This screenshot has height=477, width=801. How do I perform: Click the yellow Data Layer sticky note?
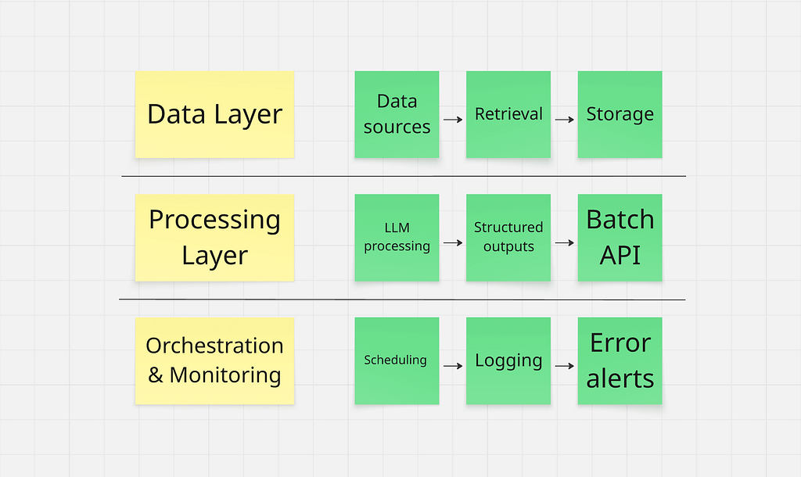click(214, 114)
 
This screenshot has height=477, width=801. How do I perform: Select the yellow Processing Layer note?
click(214, 238)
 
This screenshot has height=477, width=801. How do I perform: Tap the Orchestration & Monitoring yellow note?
click(214, 360)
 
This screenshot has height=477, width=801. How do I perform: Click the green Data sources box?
click(397, 114)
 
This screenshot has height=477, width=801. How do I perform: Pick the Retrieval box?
click(508, 114)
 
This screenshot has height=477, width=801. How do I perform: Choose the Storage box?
click(620, 114)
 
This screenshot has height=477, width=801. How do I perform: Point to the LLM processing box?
click(397, 238)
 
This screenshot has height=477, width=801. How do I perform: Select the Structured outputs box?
click(508, 238)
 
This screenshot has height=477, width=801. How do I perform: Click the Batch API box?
click(620, 238)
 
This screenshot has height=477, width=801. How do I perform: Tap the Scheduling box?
click(397, 360)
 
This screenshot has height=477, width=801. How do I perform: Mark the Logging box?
click(508, 360)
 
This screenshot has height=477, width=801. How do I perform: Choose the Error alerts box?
click(620, 360)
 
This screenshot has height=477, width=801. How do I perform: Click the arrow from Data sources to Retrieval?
click(453, 120)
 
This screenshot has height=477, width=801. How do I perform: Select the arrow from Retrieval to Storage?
click(565, 120)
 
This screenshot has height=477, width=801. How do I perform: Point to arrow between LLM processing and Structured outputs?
click(453, 242)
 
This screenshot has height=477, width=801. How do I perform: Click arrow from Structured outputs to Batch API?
click(565, 242)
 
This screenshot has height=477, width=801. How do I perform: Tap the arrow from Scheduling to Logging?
click(453, 366)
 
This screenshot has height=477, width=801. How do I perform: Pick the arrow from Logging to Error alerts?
click(565, 366)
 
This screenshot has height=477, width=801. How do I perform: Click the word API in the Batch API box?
click(620, 255)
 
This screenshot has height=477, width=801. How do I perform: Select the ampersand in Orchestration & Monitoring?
click(156, 375)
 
